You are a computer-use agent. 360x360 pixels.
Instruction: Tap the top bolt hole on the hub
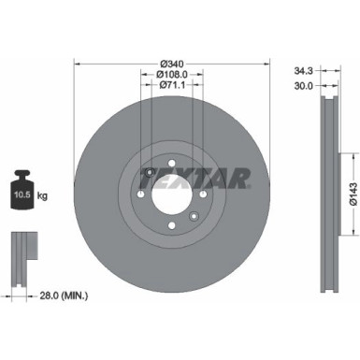[x=170, y=164]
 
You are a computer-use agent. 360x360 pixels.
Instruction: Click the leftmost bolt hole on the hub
[x=139, y=194]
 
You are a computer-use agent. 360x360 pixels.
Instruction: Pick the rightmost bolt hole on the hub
[x=201, y=194]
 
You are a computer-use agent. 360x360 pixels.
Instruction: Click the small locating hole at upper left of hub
[x=150, y=172]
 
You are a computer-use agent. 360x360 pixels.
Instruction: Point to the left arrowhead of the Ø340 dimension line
[x=76, y=64]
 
